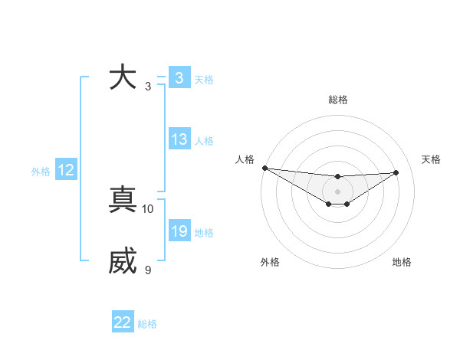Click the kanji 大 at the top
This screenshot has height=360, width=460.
tap(123, 77)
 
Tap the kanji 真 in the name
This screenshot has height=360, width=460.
tap(123, 199)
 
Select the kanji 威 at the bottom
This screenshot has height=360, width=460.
tap(123, 261)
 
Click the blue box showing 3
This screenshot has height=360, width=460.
tap(179, 78)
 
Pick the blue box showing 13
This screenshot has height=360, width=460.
tap(179, 139)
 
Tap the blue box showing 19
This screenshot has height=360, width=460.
tap(179, 231)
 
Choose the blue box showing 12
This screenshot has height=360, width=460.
tap(66, 170)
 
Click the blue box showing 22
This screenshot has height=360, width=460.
tap(123, 322)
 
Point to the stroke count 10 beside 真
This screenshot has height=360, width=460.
tap(148, 208)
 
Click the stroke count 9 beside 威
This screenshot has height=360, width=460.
tap(148, 270)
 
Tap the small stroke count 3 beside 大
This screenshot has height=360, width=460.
tap(148, 86)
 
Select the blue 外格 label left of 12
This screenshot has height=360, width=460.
tap(41, 172)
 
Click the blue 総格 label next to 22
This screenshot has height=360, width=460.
tap(147, 324)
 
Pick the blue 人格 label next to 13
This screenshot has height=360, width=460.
tap(204, 141)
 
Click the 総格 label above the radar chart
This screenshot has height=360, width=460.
tap(337, 100)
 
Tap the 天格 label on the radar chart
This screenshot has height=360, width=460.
tap(431, 159)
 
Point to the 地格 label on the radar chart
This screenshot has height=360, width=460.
tap(402, 262)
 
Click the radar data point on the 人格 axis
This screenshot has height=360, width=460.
tap(264, 168)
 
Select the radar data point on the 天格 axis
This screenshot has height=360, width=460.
tap(396, 172)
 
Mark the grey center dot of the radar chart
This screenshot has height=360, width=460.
tap(337, 191)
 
